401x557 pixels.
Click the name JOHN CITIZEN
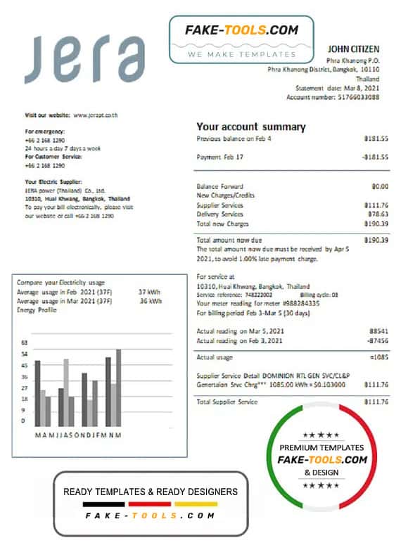click(353, 49)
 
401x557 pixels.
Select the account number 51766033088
click(359, 97)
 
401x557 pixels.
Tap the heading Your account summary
click(250, 127)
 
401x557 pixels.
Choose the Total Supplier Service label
click(227, 402)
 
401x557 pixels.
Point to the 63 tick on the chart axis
click(25, 343)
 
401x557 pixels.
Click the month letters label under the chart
click(78, 435)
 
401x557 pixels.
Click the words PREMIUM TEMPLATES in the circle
click(322, 447)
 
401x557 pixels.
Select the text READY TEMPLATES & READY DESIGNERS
click(151, 492)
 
